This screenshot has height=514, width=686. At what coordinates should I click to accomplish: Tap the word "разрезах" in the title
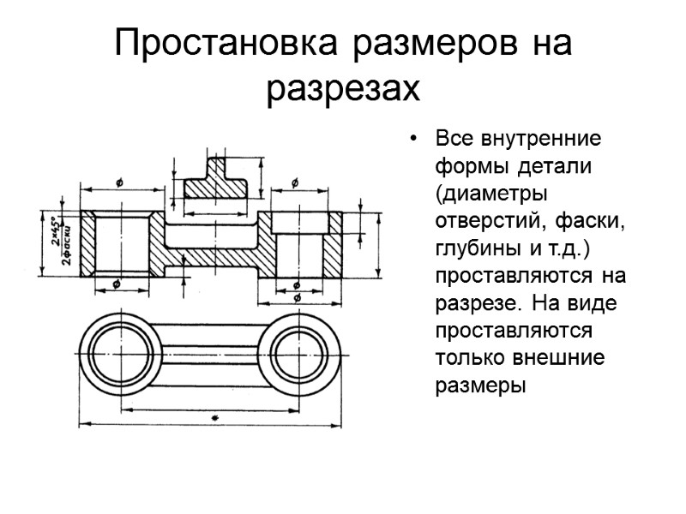click(x=344, y=88)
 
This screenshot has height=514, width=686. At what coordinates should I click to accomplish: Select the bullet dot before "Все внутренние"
click(x=414, y=139)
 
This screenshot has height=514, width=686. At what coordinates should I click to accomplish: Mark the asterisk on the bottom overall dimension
click(x=213, y=417)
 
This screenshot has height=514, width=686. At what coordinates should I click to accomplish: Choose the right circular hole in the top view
click(x=302, y=354)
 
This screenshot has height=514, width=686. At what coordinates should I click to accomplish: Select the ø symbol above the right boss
click(x=295, y=182)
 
